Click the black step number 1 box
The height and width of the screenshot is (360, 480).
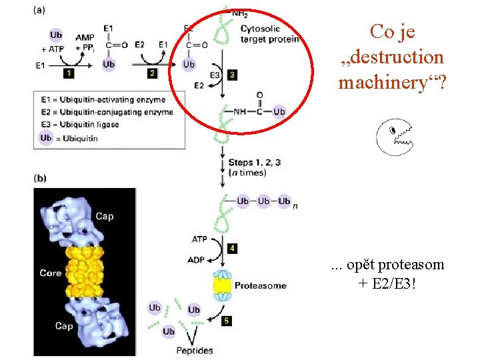[69, 72]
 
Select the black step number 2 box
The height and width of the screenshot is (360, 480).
[152, 72]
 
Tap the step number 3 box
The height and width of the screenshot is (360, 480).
[231, 75]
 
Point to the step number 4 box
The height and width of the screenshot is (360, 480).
[231, 248]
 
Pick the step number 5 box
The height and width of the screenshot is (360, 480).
[227, 321]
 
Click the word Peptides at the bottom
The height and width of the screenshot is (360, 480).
[195, 350]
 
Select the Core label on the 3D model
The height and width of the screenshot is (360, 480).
[50, 273]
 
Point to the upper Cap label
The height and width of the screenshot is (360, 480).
[105, 216]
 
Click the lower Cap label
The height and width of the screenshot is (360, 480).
[64, 325]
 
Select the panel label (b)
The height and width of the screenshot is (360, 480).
[39, 179]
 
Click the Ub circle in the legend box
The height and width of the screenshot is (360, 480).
[46, 137]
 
